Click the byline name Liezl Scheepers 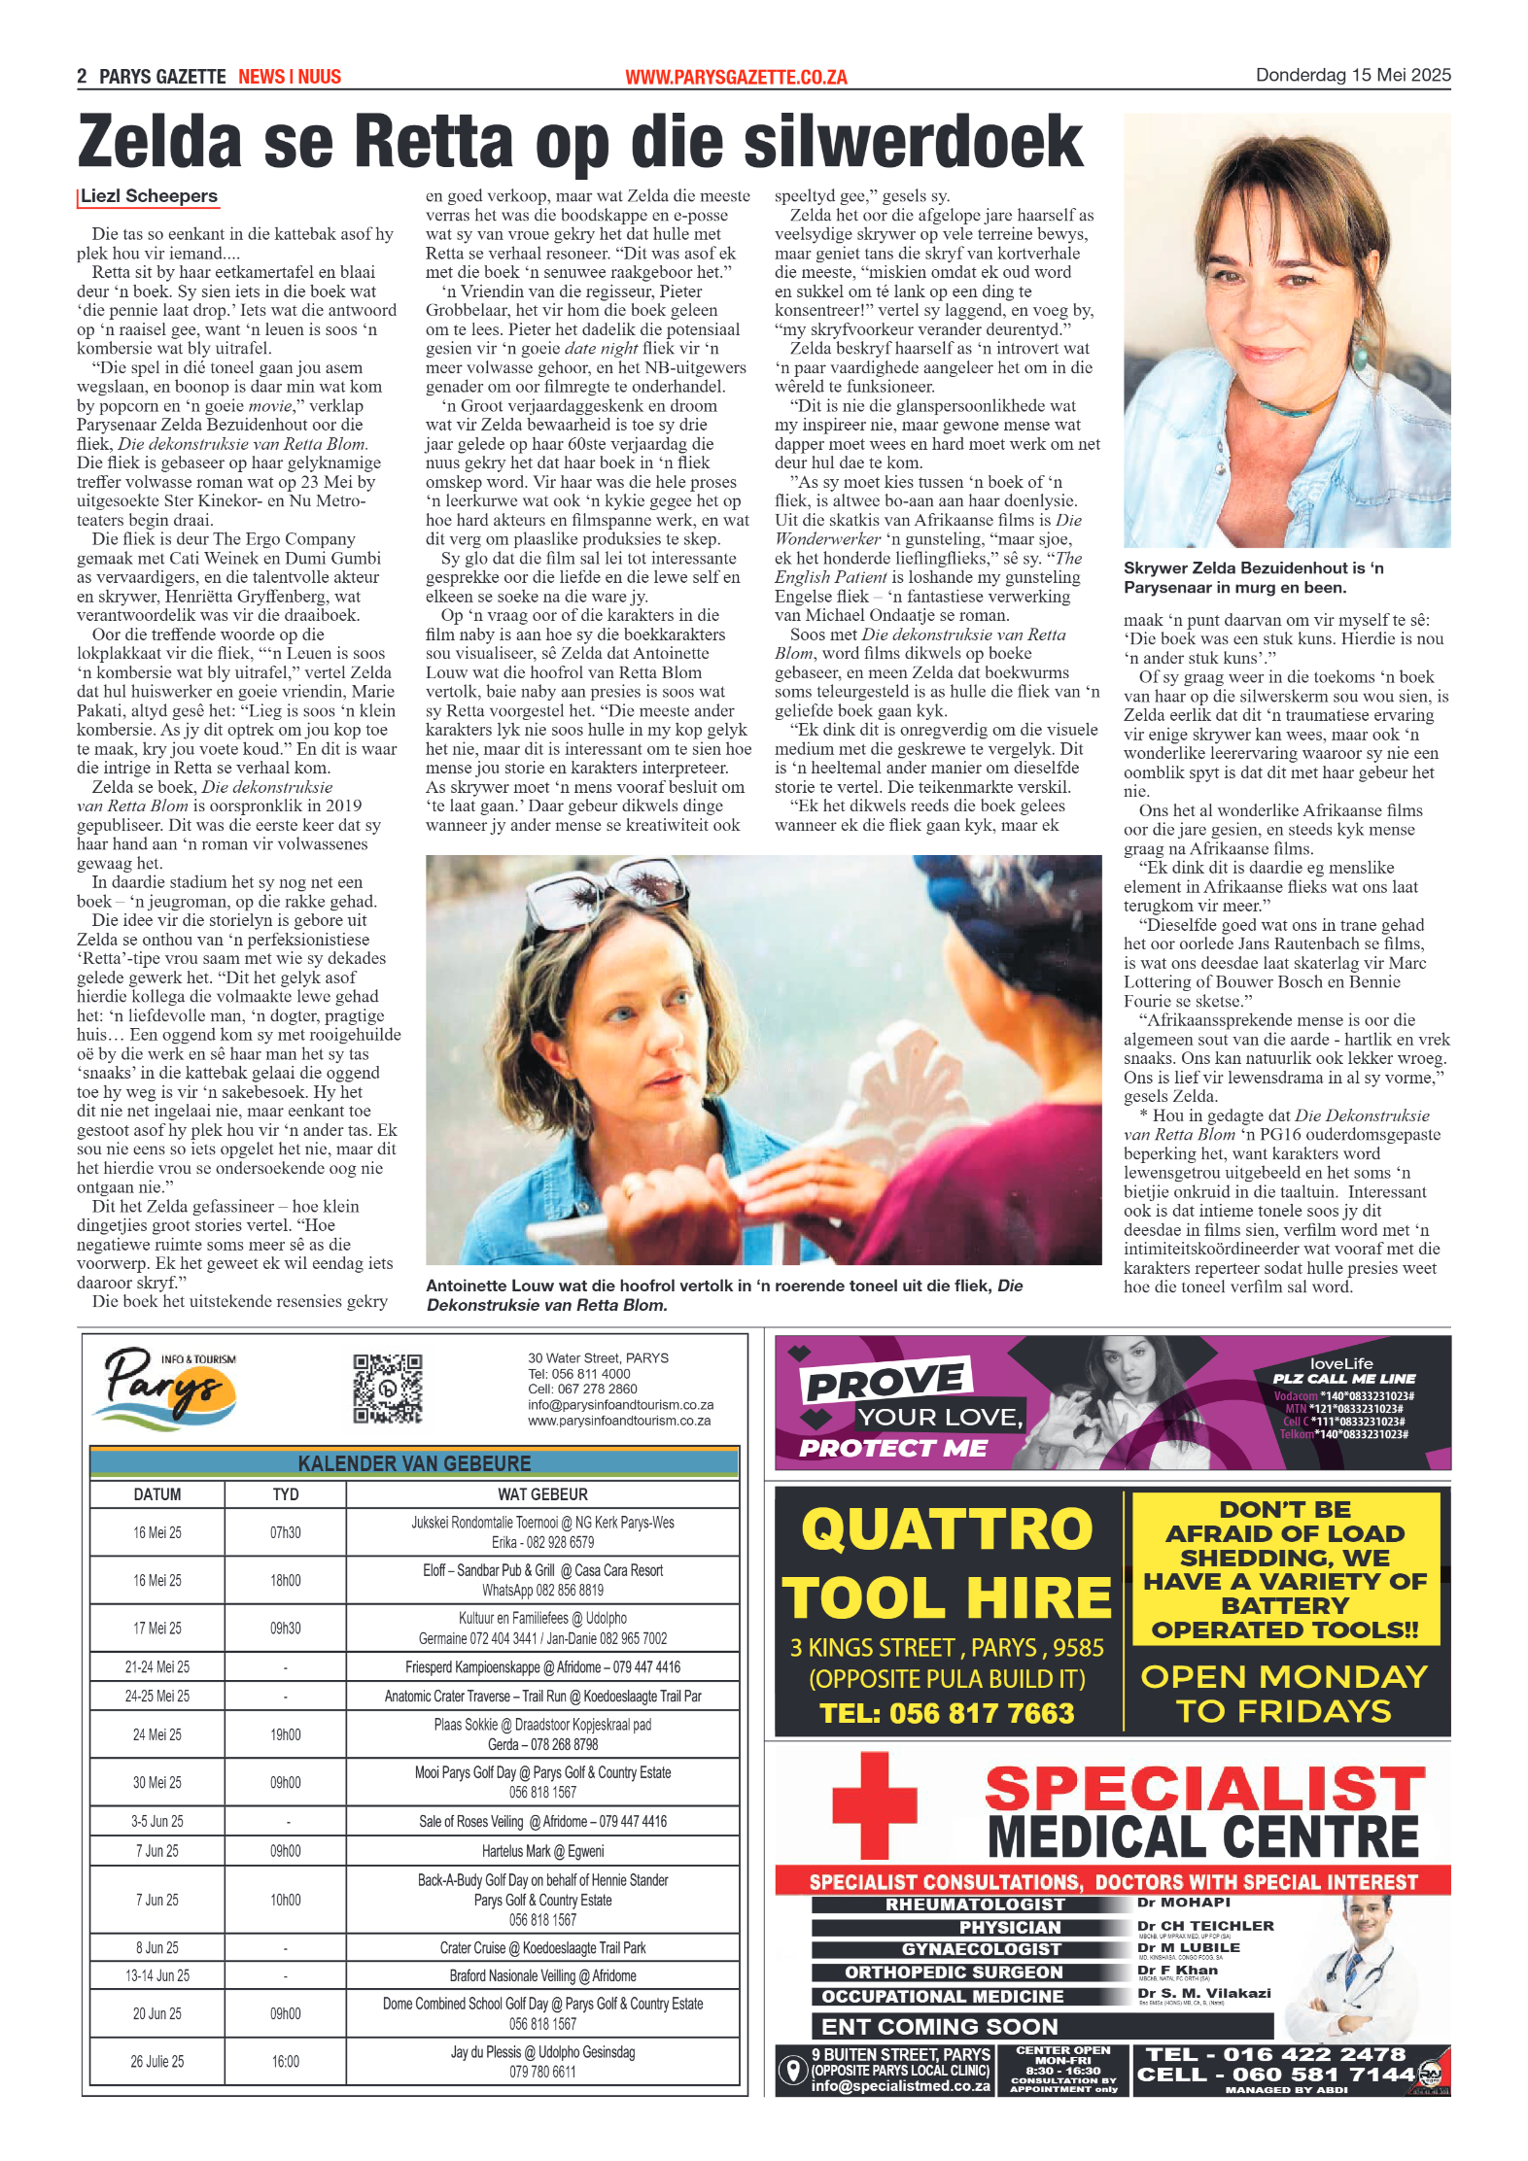(149, 196)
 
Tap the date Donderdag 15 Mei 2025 (1352, 76)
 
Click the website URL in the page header (736, 78)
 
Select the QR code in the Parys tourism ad (387, 1389)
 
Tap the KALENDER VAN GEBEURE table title (414, 1463)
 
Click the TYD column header (285, 1494)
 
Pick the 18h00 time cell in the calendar (285, 1580)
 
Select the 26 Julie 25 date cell (156, 2061)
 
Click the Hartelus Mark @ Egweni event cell (542, 1851)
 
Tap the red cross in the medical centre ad (874, 1803)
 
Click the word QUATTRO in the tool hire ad (947, 1529)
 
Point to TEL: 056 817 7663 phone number (947, 1712)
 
